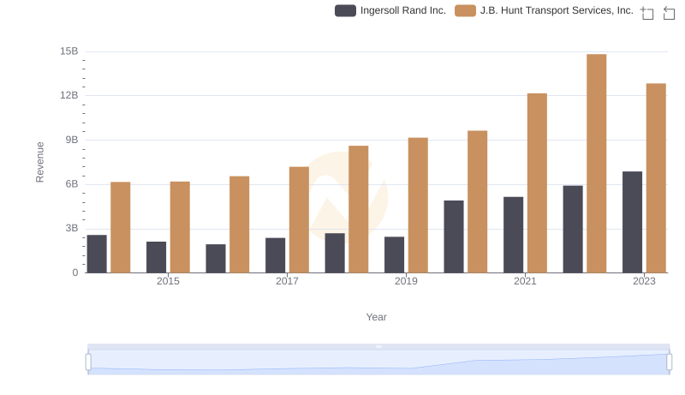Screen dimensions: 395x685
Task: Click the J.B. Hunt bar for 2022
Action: click(x=597, y=164)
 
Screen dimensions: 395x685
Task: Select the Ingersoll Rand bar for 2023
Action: click(x=633, y=222)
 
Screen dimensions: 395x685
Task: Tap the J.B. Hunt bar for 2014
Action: click(x=121, y=227)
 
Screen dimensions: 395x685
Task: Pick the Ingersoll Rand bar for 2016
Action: click(x=216, y=258)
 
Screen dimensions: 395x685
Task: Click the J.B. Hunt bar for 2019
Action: click(x=418, y=205)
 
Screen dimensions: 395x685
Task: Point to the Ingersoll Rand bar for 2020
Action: click(x=454, y=236)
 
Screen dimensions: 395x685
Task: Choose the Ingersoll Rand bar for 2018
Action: click(x=335, y=253)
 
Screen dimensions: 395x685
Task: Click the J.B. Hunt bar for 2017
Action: click(x=299, y=219)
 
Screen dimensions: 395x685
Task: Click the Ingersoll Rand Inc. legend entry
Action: click(x=391, y=10)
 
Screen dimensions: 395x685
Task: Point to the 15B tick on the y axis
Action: click(x=69, y=51)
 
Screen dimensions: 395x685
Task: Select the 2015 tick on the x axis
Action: click(x=168, y=281)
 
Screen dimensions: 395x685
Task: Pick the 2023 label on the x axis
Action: click(x=644, y=281)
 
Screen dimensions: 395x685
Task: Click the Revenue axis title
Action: click(x=39, y=162)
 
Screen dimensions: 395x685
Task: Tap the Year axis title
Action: click(x=377, y=317)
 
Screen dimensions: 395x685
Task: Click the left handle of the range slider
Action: click(x=88, y=362)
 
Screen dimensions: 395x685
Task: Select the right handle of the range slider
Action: click(x=669, y=362)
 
